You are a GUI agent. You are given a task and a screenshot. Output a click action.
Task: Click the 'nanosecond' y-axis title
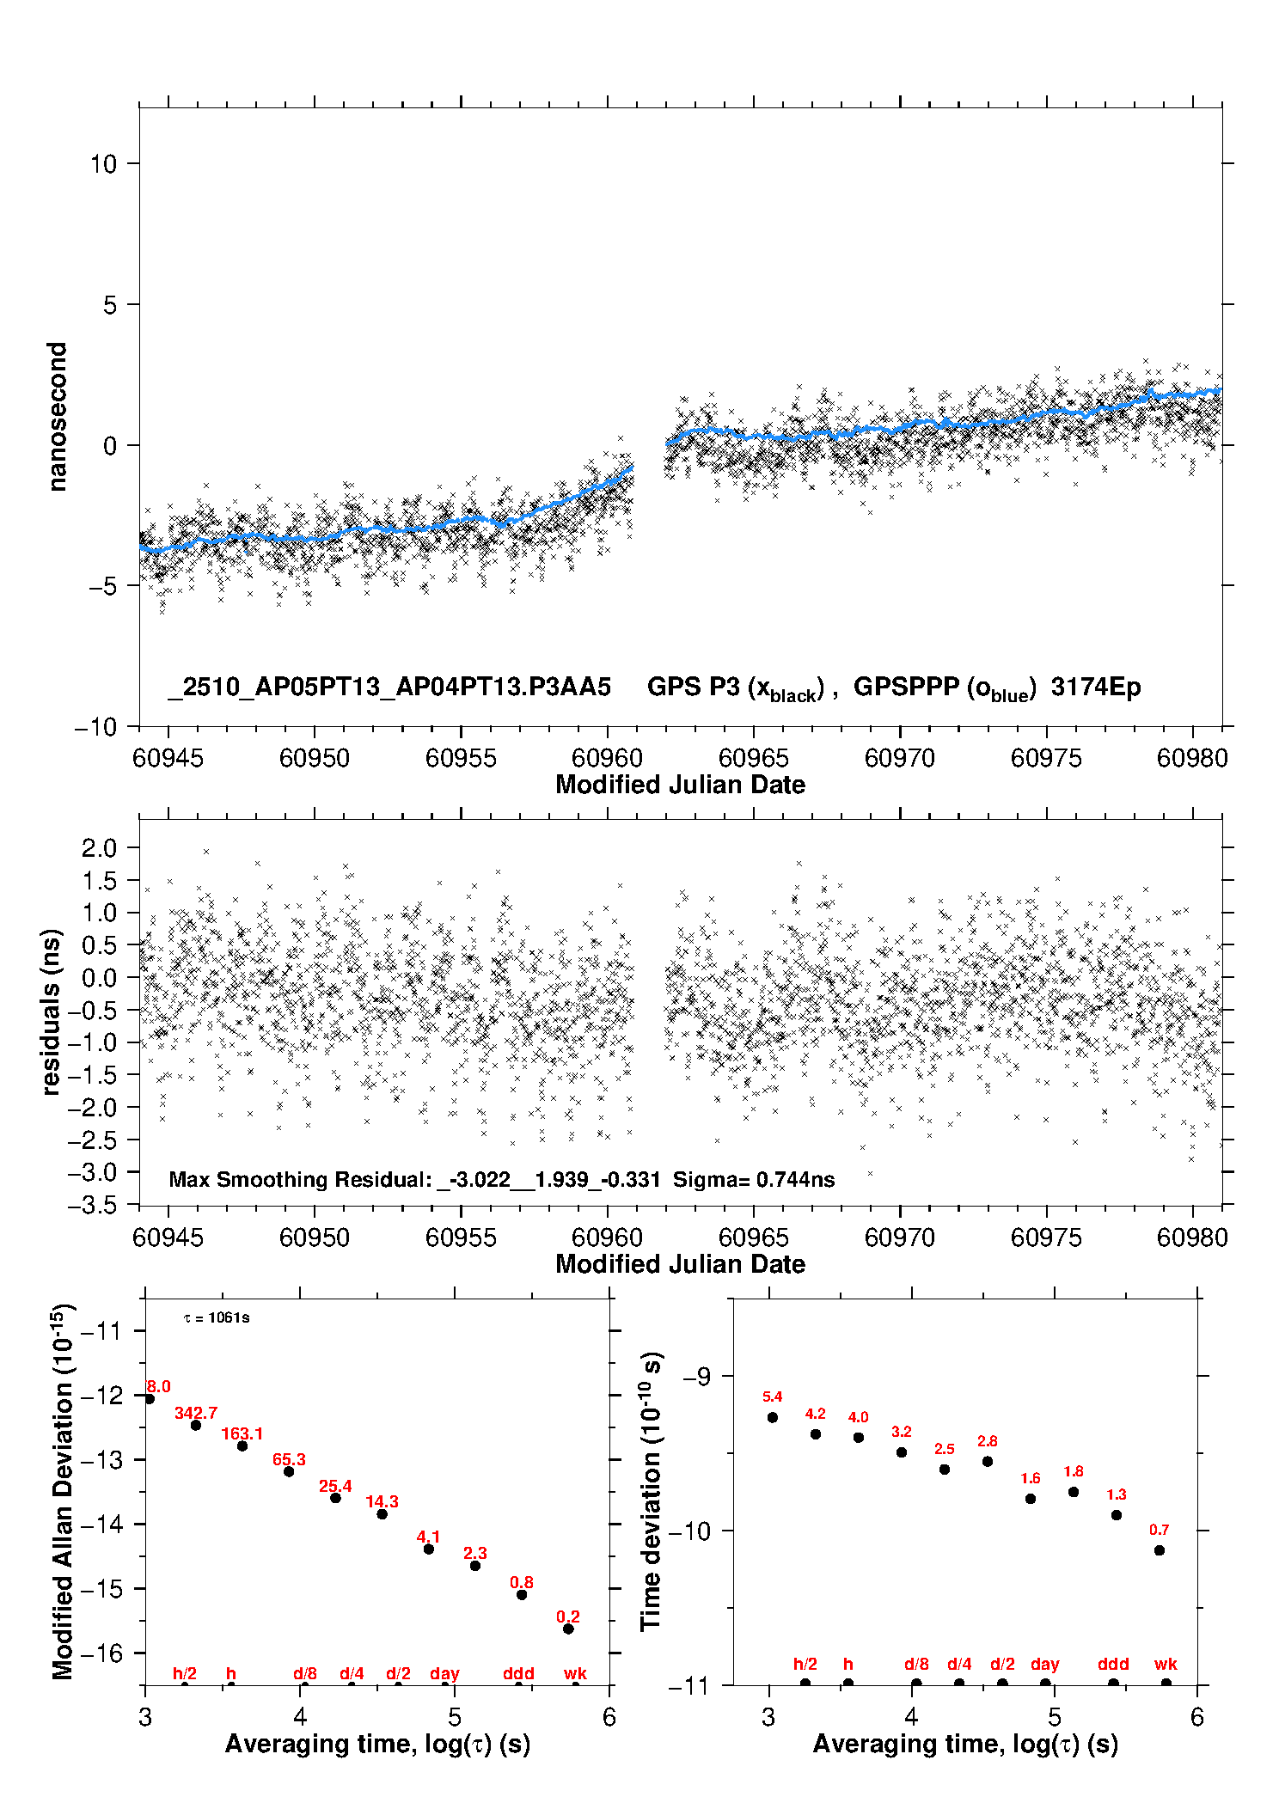tap(57, 417)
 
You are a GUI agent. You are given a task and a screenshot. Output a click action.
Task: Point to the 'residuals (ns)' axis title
tap(52, 1011)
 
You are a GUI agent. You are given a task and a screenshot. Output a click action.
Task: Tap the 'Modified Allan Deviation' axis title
tap(63, 1491)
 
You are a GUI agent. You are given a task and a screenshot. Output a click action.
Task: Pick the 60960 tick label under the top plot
tap(607, 758)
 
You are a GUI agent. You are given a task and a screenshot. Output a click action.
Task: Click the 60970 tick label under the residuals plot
tap(899, 1238)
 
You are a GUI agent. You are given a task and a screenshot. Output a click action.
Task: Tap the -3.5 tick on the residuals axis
tap(92, 1206)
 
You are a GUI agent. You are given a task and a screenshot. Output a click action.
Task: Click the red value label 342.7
tap(196, 1413)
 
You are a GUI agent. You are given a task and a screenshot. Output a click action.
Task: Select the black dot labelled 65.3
tap(289, 1471)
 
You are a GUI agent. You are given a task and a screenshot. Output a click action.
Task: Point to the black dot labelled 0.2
tap(568, 1629)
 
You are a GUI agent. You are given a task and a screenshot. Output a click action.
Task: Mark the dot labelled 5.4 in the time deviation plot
tap(773, 1417)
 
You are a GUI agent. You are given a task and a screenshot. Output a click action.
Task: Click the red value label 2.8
tap(987, 1441)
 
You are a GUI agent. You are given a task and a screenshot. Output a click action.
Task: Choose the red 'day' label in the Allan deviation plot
tap(444, 1673)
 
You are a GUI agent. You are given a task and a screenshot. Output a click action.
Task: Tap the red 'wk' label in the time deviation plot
tap(1166, 1664)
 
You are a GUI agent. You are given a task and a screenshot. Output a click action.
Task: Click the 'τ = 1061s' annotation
tap(217, 1317)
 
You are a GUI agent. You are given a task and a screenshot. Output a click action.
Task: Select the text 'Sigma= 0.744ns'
tap(754, 1180)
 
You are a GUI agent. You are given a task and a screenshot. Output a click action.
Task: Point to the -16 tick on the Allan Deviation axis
tap(101, 1653)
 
